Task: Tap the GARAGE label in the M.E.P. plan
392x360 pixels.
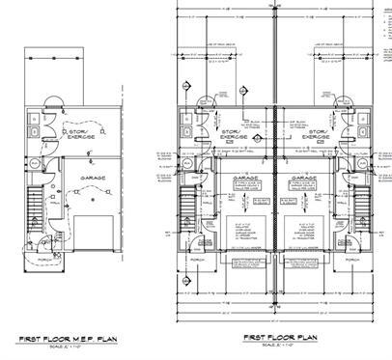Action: (x=94, y=178)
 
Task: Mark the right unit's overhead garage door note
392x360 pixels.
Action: (x=306, y=230)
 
